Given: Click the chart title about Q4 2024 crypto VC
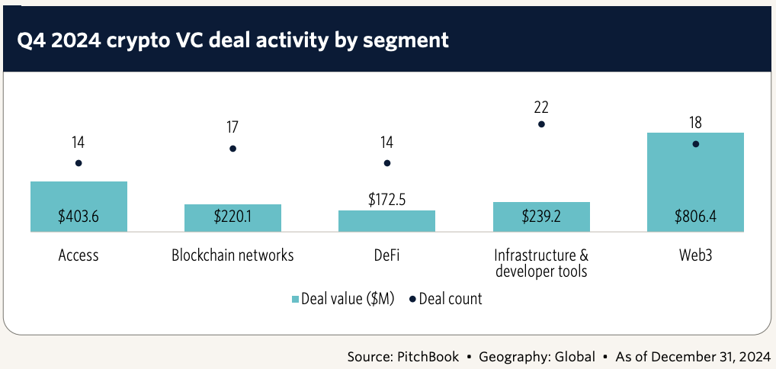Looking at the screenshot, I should point(233,40).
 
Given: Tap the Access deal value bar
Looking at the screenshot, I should point(79,206).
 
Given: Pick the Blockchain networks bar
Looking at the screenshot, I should point(232,217).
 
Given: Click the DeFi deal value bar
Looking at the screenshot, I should point(386,221).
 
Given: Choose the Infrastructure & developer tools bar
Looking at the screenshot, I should point(541,217).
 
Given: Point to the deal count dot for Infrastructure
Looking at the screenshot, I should point(541,124).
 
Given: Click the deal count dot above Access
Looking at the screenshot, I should point(79,163).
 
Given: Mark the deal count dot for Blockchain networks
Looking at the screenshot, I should point(232,148).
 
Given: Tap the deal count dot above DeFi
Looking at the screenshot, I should point(386,163).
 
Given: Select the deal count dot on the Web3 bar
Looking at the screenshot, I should point(695,143).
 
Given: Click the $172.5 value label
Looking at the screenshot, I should point(386,201).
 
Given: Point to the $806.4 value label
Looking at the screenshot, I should point(695,217).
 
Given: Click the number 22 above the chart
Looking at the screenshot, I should point(541,107).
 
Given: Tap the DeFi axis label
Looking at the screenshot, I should point(386,255).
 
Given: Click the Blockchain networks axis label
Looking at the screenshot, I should point(232,255).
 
